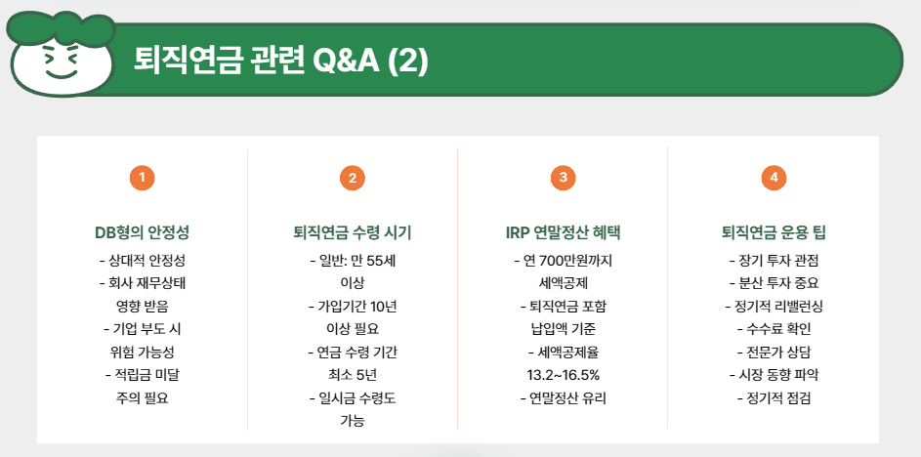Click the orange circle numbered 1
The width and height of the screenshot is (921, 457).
[x=142, y=178]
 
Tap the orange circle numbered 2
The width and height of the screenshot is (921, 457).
[x=352, y=178]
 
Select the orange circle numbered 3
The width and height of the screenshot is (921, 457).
[x=563, y=178]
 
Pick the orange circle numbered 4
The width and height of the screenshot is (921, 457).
[x=773, y=178]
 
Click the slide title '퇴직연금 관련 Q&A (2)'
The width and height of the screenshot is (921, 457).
[x=281, y=61]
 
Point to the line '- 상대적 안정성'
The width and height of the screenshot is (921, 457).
[x=142, y=261]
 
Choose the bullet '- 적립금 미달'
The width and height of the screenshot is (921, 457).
[x=142, y=375]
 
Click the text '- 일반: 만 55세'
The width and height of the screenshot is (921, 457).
[x=352, y=261]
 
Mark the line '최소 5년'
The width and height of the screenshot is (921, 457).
[x=352, y=375]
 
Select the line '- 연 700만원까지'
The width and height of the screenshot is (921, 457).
[x=563, y=261]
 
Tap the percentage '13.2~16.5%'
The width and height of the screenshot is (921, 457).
[x=563, y=375]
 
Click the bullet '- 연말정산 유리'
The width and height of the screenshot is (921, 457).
[x=563, y=398]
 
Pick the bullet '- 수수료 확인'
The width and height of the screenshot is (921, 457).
[x=773, y=329]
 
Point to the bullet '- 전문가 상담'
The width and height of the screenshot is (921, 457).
[x=773, y=352]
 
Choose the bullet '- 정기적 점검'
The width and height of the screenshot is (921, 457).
[x=773, y=398]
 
